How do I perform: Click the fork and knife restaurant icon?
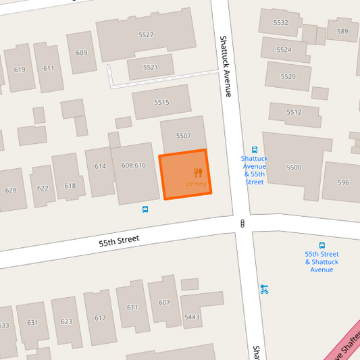tap(198, 172)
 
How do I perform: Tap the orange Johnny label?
tap(195, 184)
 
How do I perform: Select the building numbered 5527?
tap(146, 34)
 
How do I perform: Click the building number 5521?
tap(151, 68)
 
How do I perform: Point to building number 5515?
tap(161, 103)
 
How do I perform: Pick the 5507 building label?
tap(184, 136)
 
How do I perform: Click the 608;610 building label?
tap(134, 165)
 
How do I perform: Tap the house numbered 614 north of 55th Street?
tap(100, 166)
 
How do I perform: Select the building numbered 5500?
tap(294, 167)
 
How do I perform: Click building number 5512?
tap(294, 112)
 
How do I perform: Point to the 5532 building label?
tap(281, 22)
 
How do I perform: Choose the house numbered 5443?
tap(192, 317)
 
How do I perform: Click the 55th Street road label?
tap(119, 240)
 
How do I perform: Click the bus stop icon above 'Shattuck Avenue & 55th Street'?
tap(255, 150)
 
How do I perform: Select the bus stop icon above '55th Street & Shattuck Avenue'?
tap(322, 246)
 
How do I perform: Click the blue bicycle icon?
tap(264, 290)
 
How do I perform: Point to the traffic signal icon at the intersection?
tap(242, 223)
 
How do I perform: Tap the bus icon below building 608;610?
tap(146, 209)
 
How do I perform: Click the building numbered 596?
tap(343, 182)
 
